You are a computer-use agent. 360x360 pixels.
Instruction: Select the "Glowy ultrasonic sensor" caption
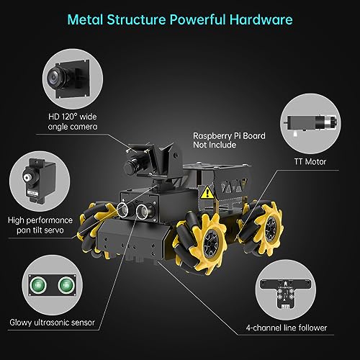coord(52,322)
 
